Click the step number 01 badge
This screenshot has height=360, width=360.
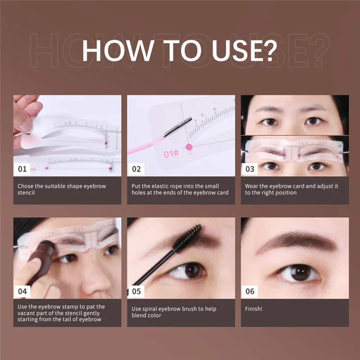[23, 170]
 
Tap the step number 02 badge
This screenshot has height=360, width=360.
[136, 170]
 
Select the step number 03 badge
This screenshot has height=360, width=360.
[250, 170]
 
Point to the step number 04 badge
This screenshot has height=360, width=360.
[23, 291]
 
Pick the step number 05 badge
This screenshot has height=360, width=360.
[136, 291]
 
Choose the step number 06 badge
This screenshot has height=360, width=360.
[250, 291]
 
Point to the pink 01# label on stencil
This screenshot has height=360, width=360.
[171, 154]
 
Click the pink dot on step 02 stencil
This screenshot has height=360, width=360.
[189, 147]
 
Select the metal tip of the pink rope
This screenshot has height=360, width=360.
[177, 127]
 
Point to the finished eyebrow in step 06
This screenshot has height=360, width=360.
[297, 243]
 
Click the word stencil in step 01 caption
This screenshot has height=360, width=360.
[27, 193]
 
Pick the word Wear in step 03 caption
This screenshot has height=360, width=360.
[252, 185]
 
